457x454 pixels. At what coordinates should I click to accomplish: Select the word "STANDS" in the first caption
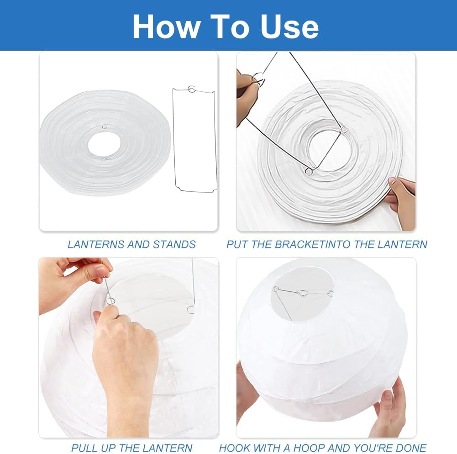click(174, 244)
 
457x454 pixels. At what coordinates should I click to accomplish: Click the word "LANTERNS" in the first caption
click(96, 244)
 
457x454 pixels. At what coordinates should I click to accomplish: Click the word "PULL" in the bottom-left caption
click(83, 448)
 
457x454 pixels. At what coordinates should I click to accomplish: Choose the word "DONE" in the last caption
click(410, 448)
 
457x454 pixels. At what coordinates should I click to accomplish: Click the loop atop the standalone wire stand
click(192, 89)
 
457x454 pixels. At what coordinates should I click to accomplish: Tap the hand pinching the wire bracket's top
click(247, 91)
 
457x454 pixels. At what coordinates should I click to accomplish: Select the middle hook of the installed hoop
click(302, 294)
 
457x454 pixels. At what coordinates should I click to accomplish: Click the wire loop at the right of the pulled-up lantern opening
click(191, 310)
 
